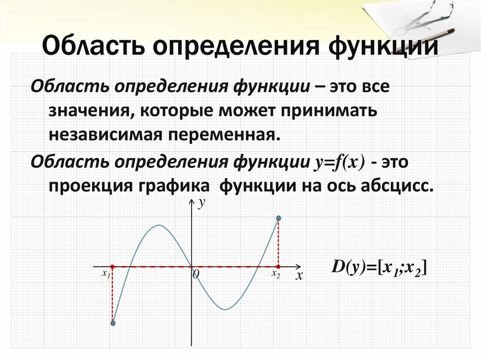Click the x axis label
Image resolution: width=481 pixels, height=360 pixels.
click(298, 276)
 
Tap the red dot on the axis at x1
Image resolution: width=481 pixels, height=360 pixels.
click(112, 267)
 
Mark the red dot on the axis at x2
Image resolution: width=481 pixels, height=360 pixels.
click(278, 267)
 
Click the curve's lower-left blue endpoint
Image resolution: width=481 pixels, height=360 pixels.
click(113, 323)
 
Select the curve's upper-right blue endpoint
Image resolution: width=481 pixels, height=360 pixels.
click(279, 218)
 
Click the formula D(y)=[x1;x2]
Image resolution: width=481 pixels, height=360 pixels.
click(379, 268)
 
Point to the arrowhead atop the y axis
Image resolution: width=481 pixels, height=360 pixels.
click(191, 201)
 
